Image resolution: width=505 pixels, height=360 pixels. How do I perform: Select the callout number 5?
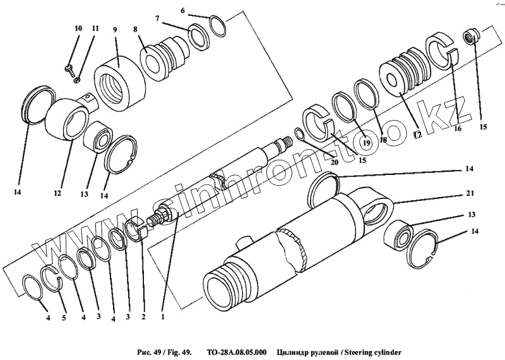(x=63, y=318)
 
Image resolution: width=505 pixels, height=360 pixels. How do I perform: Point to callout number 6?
(x=183, y=11)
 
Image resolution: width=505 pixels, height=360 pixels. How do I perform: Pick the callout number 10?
(x=78, y=29)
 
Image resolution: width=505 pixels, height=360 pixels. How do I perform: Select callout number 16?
(x=457, y=128)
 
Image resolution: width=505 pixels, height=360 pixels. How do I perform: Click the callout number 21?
(x=470, y=193)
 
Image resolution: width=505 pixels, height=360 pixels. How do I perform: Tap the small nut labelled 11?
(x=76, y=78)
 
